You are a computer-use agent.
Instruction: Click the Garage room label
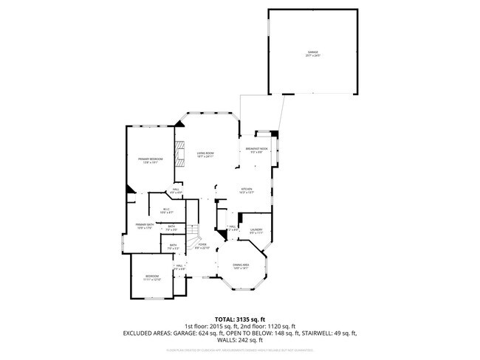[313, 53]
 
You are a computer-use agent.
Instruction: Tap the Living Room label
[205, 155]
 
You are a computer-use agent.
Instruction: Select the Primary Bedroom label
[150, 161]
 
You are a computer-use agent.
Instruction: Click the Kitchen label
[247, 190]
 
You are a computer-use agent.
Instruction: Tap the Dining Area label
[241, 266]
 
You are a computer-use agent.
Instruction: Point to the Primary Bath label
[144, 226]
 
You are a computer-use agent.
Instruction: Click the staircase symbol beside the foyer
[192, 238]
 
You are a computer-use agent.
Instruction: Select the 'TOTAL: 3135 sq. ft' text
[240, 319]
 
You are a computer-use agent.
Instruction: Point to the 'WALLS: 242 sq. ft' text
[240, 340]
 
